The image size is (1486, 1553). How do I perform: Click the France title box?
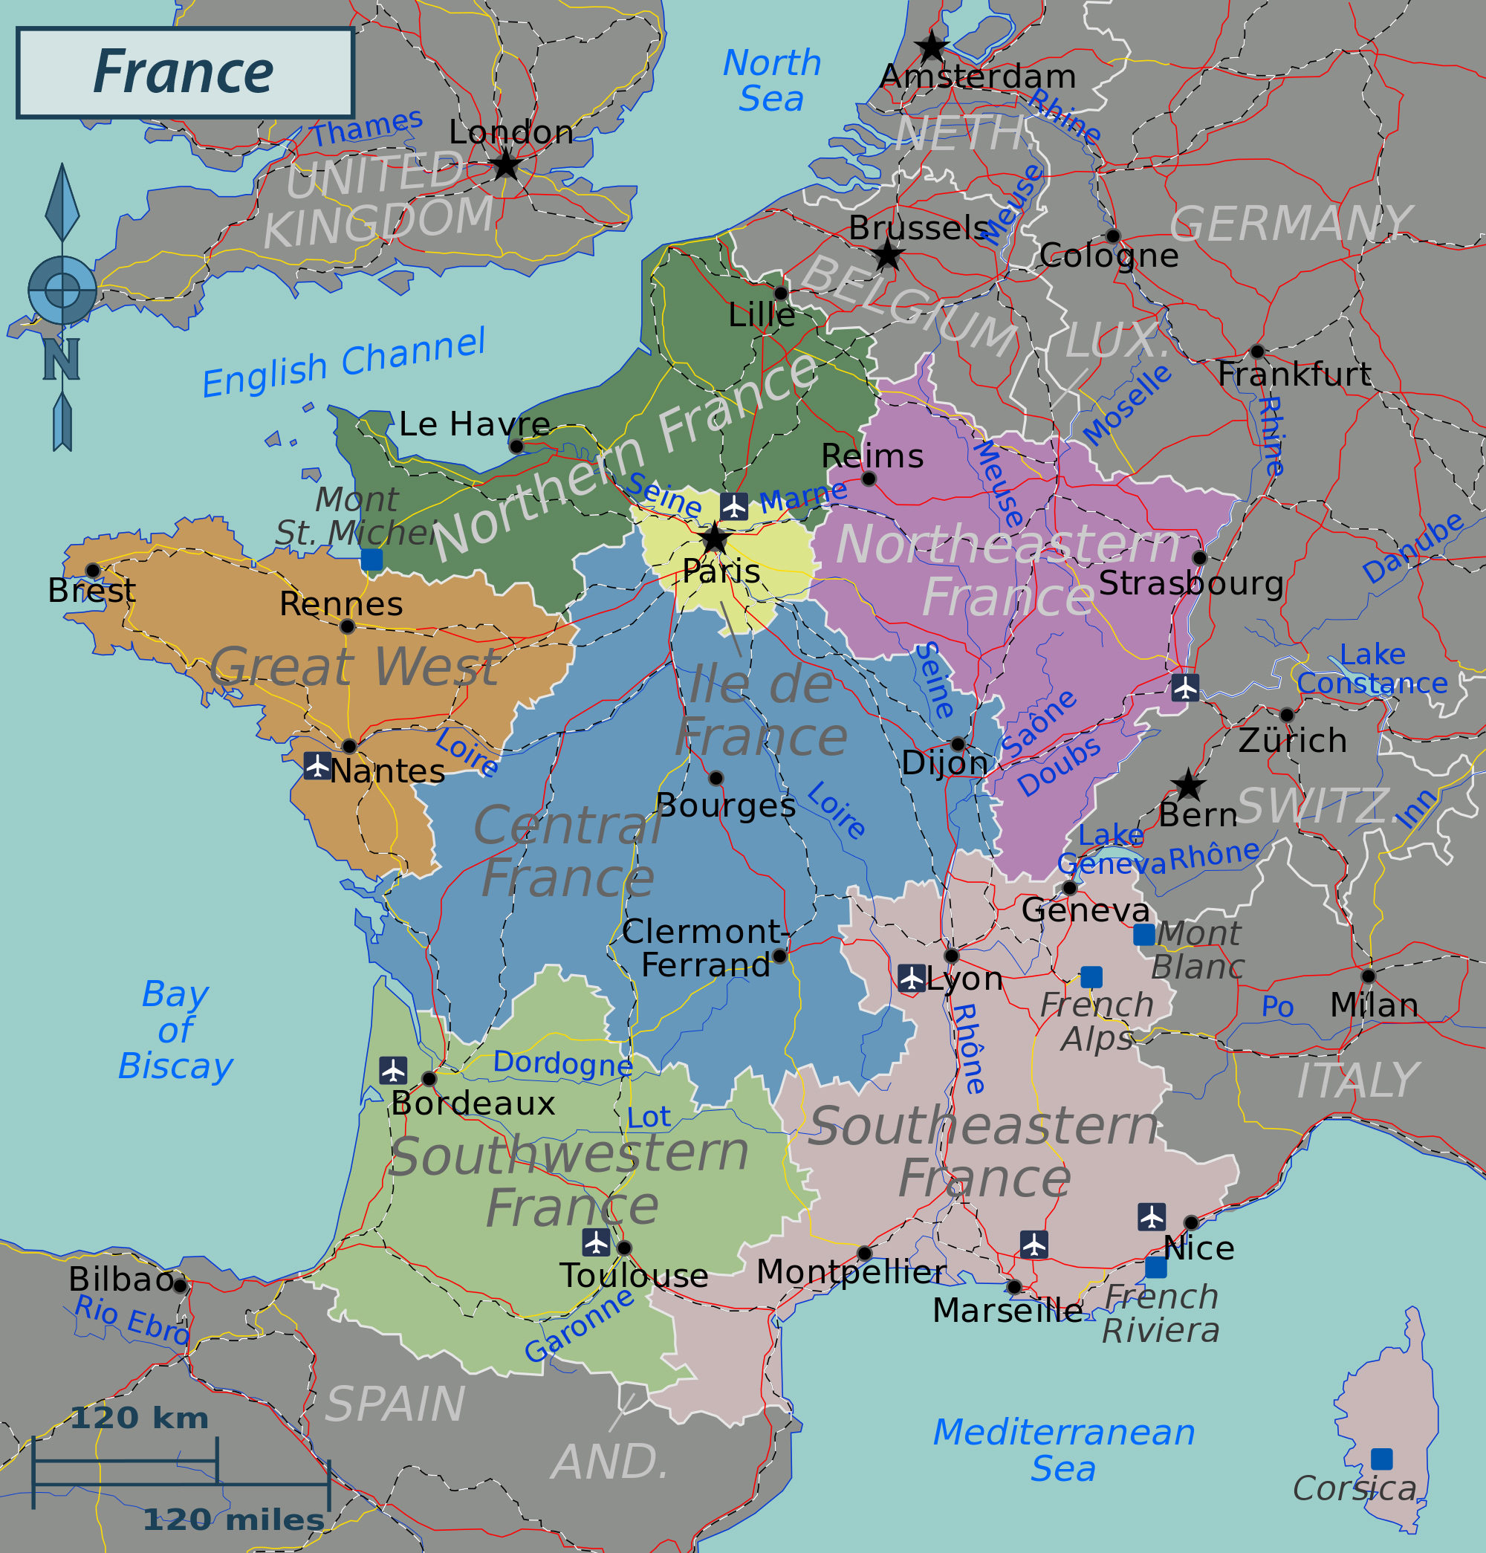tap(184, 73)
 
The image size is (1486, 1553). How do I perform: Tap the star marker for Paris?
tap(715, 539)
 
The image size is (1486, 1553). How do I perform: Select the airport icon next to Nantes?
tap(318, 765)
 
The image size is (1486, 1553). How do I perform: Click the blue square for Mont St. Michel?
tap(371, 560)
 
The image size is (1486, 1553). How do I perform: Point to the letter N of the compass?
tap(61, 359)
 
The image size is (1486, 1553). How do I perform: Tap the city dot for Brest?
tap(93, 571)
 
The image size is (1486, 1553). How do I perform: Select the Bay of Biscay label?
tap(175, 1030)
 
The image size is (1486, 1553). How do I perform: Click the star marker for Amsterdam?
tap(932, 47)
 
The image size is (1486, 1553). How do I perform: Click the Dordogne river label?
tap(562, 1063)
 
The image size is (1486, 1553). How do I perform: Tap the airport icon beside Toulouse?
tap(596, 1242)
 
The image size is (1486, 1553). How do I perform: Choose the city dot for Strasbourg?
tap(1199, 558)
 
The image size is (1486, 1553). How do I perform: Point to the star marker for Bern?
tap(1188, 785)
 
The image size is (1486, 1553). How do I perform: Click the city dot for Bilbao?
tap(180, 1286)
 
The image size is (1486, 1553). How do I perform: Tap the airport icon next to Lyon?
tap(912, 978)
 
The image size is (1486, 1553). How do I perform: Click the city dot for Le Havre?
tap(516, 446)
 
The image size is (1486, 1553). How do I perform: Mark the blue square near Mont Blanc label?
tap(1143, 935)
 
